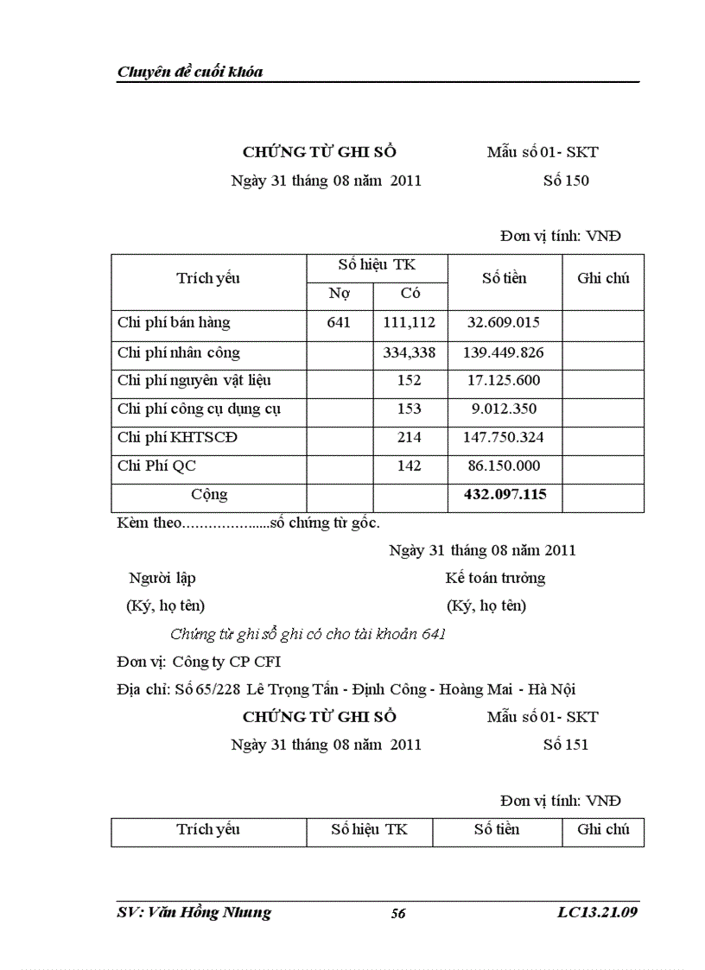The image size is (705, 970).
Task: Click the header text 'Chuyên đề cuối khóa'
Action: [x=190, y=72]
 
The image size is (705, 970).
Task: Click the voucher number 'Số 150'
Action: [x=566, y=181]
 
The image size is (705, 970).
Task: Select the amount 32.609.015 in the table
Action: [x=504, y=323]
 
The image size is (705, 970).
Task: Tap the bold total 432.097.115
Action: [x=504, y=495]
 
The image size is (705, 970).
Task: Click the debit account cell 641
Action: [x=340, y=323]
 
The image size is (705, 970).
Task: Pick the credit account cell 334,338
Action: [x=410, y=352]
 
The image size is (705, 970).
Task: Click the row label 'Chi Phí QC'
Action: [x=156, y=466]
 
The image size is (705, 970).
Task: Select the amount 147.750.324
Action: [x=504, y=438]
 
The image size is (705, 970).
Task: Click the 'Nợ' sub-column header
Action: [x=340, y=295]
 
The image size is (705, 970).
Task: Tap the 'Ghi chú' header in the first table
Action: [x=603, y=278]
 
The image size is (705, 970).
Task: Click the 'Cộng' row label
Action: [x=209, y=495]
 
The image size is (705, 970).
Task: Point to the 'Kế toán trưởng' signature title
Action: [x=495, y=578]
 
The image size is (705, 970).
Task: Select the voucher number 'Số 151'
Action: [x=566, y=744]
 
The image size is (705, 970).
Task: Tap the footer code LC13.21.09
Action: [x=598, y=912]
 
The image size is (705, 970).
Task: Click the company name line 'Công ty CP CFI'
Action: [x=227, y=663]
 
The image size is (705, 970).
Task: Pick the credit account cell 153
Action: [x=410, y=409]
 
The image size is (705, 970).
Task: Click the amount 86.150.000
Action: [x=504, y=466]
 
